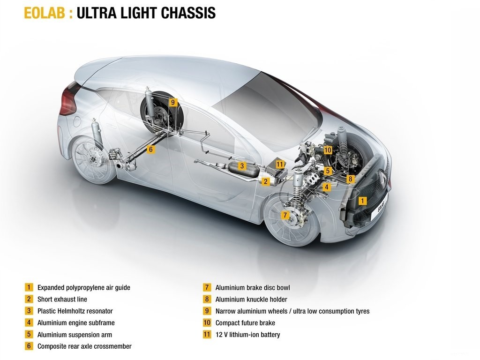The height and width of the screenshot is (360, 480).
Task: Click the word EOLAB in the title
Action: pyautogui.click(x=45, y=13)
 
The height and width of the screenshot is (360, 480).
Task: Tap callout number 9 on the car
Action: pyautogui.click(x=173, y=102)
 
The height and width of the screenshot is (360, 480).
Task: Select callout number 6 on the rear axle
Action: pyautogui.click(x=150, y=150)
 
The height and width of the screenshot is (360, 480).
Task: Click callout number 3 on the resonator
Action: pyautogui.click(x=242, y=166)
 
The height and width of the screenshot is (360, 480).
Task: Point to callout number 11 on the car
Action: pyautogui.click(x=280, y=165)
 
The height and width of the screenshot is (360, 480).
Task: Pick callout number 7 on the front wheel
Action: pyautogui.click(x=285, y=215)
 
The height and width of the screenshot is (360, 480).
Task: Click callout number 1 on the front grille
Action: pyautogui.click(x=362, y=201)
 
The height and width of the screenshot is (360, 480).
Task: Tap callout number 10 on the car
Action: pyautogui.click(x=328, y=150)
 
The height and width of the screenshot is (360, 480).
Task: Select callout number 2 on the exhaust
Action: pyautogui.click(x=265, y=181)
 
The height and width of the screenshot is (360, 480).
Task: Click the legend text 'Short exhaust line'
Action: pyautogui.click(x=62, y=300)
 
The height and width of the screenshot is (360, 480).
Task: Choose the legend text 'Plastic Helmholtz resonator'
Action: pyautogui.click(x=75, y=311)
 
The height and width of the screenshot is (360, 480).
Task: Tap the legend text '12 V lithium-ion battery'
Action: pyautogui.click(x=247, y=335)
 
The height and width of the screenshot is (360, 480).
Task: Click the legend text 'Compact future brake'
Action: pyautogui.click(x=245, y=323)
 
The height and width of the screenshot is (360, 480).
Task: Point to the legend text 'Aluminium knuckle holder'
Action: pyautogui.click(x=251, y=300)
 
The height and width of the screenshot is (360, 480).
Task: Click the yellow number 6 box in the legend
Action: pyautogui.click(x=29, y=346)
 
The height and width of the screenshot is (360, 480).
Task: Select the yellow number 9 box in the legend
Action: pyautogui.click(x=207, y=311)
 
